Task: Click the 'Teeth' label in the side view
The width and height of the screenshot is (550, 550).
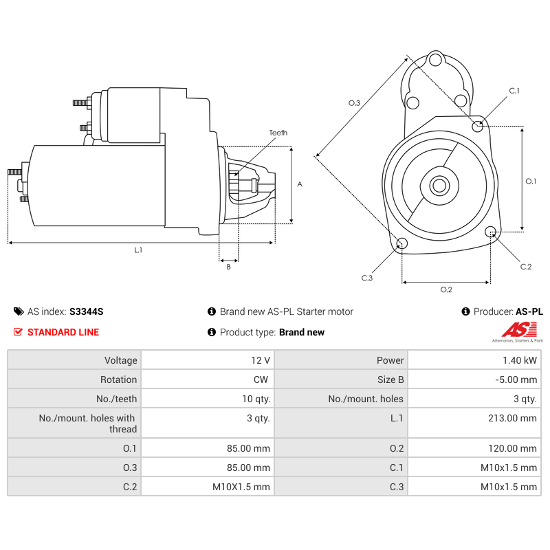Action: (278, 133)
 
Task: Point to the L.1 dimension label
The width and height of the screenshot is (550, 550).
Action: (138, 250)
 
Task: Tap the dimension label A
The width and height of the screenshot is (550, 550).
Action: (299, 184)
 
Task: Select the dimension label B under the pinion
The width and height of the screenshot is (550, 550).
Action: (228, 267)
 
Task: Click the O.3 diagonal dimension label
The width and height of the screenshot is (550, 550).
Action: (354, 102)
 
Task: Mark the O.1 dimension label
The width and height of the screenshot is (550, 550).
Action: (531, 181)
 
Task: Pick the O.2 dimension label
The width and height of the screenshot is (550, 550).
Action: (446, 289)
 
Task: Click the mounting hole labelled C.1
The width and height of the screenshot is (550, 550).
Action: (478, 124)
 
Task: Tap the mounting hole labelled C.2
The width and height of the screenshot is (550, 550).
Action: (491, 232)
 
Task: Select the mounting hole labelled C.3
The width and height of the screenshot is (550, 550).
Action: (402, 244)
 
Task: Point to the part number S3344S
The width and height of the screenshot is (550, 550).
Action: (86, 311)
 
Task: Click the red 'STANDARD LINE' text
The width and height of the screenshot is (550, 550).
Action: (63, 332)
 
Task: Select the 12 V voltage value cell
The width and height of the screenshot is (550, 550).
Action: (261, 360)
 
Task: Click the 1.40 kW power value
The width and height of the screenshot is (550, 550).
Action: (522, 360)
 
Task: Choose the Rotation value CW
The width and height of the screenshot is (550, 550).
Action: (263, 379)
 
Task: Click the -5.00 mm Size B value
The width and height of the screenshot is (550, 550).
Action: (517, 379)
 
